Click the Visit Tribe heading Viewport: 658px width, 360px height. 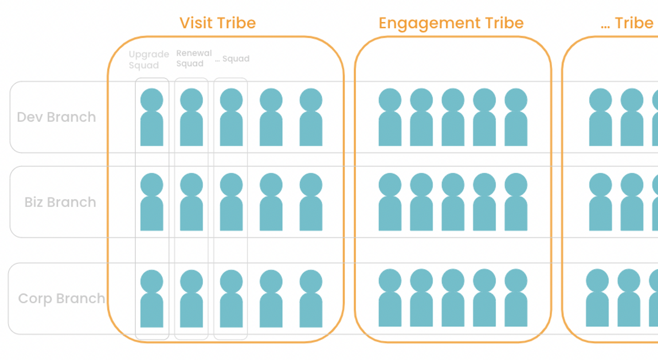218,23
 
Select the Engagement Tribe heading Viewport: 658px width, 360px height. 451,23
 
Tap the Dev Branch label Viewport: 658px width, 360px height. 56,117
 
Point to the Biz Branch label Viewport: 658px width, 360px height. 60,202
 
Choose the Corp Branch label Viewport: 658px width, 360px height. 61,298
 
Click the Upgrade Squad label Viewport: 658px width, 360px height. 149,60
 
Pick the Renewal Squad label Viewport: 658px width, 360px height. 194,58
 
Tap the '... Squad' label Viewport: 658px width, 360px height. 232,59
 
